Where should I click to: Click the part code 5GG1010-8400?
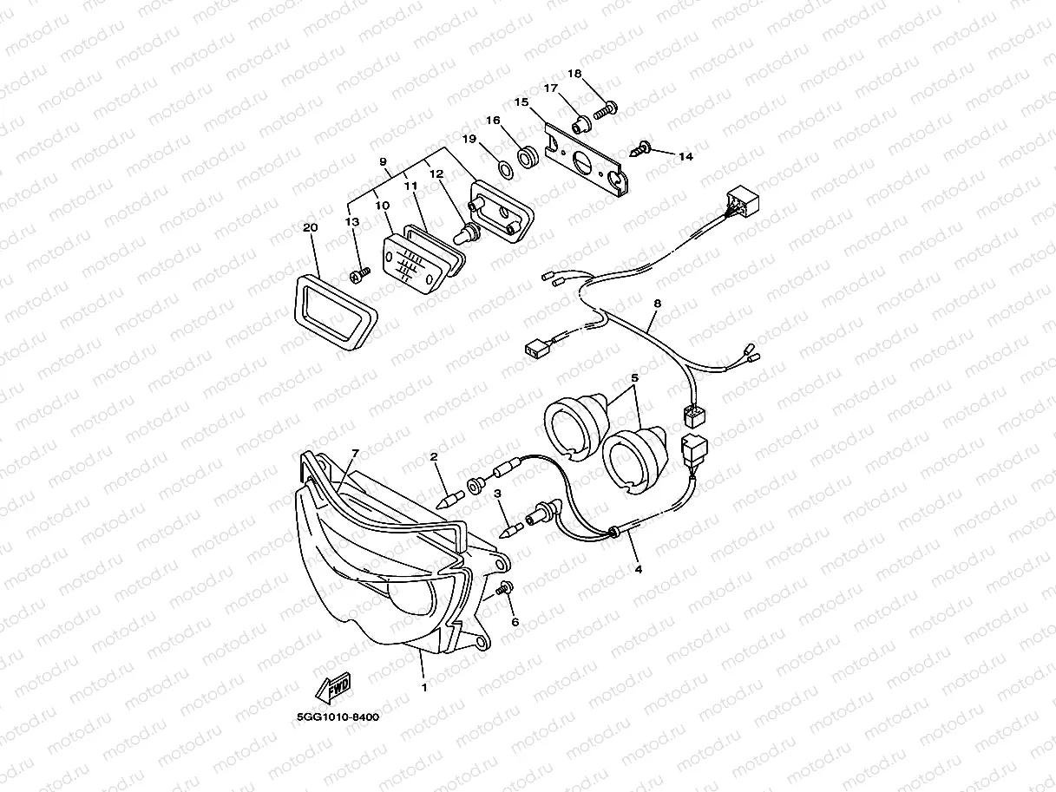point(338,717)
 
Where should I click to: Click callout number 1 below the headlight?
point(424,688)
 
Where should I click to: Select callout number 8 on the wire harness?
point(657,304)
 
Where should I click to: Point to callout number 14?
point(685,157)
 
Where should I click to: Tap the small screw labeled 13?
point(358,274)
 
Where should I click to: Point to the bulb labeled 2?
point(451,498)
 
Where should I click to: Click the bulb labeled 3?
point(511,526)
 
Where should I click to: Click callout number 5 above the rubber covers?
point(634,379)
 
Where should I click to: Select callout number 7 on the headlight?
point(354,454)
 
